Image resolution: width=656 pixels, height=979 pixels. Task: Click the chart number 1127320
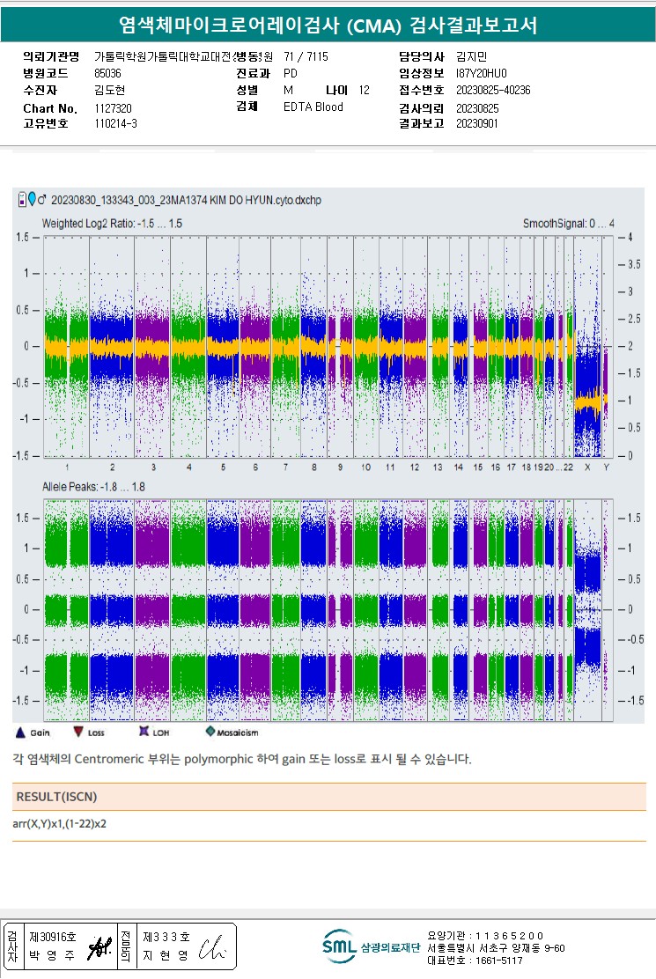pyautogui.click(x=113, y=108)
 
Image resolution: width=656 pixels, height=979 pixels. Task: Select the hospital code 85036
pyautogui.click(x=107, y=73)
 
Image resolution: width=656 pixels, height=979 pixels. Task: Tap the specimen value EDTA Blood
pyautogui.click(x=313, y=107)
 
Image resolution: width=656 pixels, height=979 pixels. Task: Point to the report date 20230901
pyautogui.click(x=476, y=124)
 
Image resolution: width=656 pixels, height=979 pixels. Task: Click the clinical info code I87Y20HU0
pyautogui.click(x=482, y=73)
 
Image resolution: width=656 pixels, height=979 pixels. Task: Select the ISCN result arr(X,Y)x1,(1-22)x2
pyautogui.click(x=60, y=824)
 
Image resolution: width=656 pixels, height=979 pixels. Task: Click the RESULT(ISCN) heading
pyautogui.click(x=56, y=797)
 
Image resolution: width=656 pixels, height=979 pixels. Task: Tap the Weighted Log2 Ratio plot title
pyautogui.click(x=112, y=224)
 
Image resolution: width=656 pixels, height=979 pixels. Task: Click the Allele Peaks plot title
pyautogui.click(x=93, y=487)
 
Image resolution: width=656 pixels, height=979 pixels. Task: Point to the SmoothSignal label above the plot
pyautogui.click(x=568, y=224)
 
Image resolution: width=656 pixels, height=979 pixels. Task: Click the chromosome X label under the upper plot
pyautogui.click(x=587, y=467)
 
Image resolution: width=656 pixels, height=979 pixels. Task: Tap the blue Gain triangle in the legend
pyautogui.click(x=21, y=732)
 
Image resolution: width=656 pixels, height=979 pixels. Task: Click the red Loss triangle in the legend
pyautogui.click(x=78, y=732)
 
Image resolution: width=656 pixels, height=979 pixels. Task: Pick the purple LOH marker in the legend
pyautogui.click(x=144, y=732)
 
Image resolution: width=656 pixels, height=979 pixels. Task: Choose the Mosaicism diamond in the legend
pyautogui.click(x=210, y=732)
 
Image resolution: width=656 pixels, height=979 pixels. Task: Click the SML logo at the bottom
pyautogui.click(x=339, y=946)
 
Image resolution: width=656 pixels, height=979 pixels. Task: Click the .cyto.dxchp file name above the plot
pyautogui.click(x=187, y=201)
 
